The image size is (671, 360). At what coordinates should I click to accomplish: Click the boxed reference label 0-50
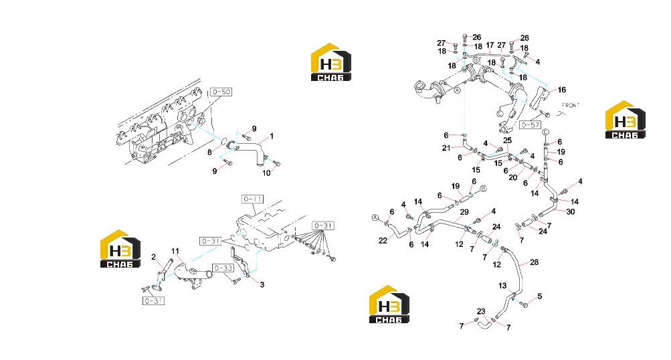tap(221, 92)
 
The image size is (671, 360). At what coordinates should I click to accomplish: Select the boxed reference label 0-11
tap(252, 199)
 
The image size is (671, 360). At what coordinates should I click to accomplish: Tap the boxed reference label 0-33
tap(223, 268)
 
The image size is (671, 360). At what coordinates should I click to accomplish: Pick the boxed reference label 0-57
tap(531, 125)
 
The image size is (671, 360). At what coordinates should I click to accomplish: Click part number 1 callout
tap(272, 136)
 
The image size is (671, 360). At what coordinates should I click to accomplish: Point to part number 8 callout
tap(209, 152)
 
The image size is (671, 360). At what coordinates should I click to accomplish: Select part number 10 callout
tap(267, 173)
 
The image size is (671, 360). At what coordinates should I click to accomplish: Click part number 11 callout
tap(175, 252)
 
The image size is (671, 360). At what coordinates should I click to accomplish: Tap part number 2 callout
tap(154, 257)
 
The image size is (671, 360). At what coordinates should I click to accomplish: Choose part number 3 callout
tap(262, 284)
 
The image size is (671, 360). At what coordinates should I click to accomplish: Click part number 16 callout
tap(561, 90)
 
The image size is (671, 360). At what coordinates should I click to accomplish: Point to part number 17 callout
tap(490, 45)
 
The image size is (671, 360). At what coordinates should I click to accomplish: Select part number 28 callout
tap(534, 262)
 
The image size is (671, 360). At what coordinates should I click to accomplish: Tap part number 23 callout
tap(481, 312)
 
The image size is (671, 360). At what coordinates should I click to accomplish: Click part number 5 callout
tap(540, 296)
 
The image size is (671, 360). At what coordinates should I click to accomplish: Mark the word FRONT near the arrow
tap(571, 105)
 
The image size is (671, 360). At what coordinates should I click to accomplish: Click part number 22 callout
tap(383, 241)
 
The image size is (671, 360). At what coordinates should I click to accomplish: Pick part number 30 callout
tap(571, 211)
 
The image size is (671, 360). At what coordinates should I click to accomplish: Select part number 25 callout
tap(507, 141)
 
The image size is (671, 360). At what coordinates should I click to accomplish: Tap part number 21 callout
tap(446, 148)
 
